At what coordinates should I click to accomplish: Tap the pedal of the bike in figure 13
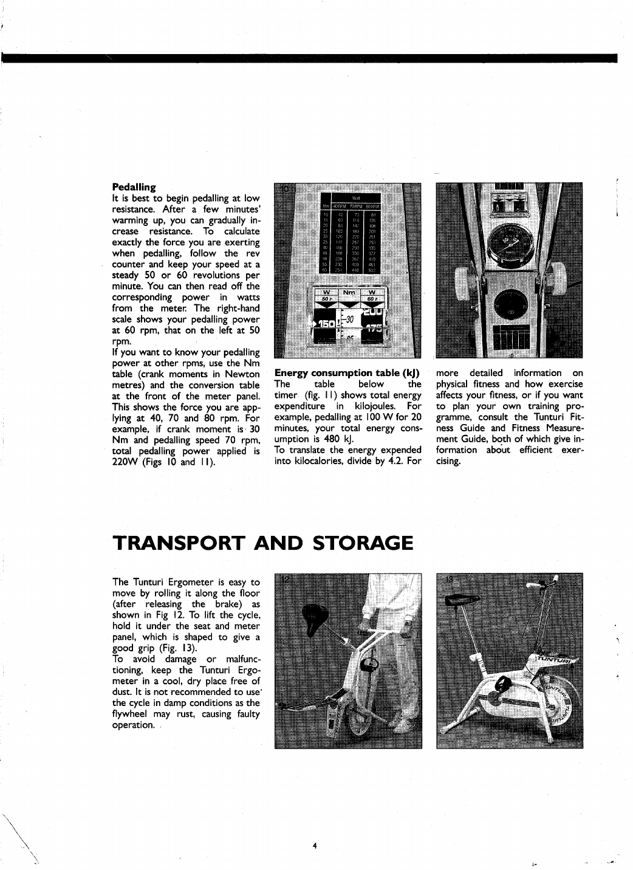pyautogui.click(x=502, y=687)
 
